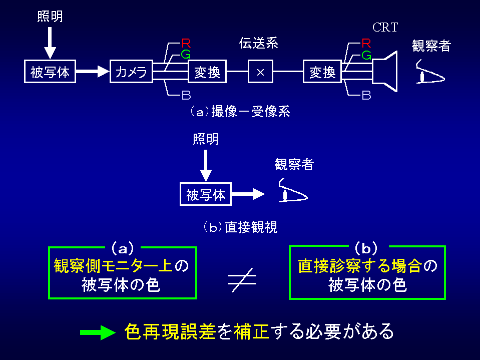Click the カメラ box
click(x=131, y=72)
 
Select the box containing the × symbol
click(x=260, y=72)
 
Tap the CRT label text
click(x=385, y=28)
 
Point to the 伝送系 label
click(x=258, y=44)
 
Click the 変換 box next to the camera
click(x=207, y=72)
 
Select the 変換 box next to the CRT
click(x=322, y=72)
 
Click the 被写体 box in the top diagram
click(x=50, y=72)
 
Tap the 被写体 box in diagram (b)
click(x=206, y=194)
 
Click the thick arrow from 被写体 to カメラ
click(x=93, y=72)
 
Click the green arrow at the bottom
click(x=98, y=332)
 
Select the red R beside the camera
click(x=186, y=43)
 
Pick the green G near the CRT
click(x=366, y=55)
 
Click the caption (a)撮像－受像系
click(x=239, y=112)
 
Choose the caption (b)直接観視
click(x=240, y=227)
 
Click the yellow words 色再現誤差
click(x=170, y=331)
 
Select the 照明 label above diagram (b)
click(x=206, y=139)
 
